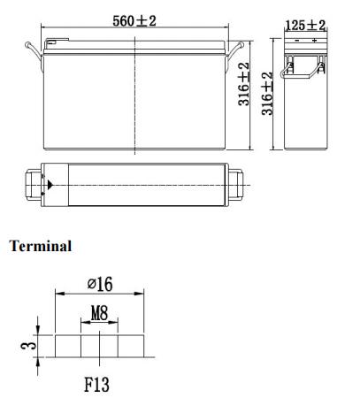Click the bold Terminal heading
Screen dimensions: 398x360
(40, 246)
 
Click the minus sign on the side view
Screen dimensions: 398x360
(296, 42)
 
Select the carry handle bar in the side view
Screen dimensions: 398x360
(305, 62)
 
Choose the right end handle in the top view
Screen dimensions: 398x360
(236, 184)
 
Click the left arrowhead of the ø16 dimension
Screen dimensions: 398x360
(58, 294)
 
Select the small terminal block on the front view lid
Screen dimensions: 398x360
(53, 42)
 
